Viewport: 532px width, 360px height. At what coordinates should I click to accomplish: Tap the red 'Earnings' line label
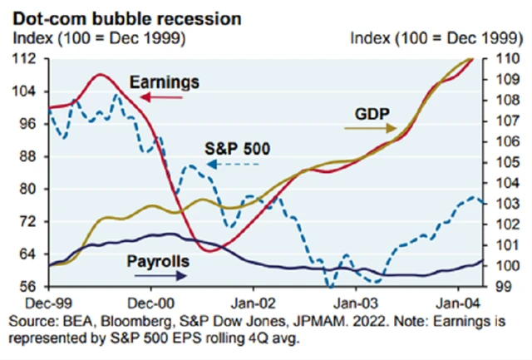click(165, 82)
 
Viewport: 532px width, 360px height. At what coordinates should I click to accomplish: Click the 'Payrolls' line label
click(158, 263)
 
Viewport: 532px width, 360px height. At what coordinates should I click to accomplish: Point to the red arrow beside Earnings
click(149, 96)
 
